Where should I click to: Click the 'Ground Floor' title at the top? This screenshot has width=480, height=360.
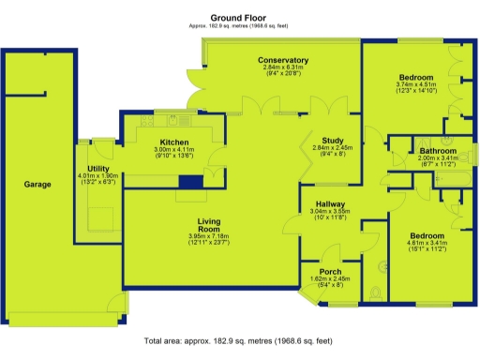coord(240,17)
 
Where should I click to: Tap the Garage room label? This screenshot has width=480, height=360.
coord(37,185)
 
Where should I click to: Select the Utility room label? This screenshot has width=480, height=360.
coord(98,168)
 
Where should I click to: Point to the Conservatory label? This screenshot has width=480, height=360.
coord(283,60)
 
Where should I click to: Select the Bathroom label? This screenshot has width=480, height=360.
coord(437,151)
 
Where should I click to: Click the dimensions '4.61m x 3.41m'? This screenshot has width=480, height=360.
coord(427,243)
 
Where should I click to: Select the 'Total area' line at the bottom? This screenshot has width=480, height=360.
coord(240,342)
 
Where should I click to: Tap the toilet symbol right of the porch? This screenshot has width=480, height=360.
coord(375,293)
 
